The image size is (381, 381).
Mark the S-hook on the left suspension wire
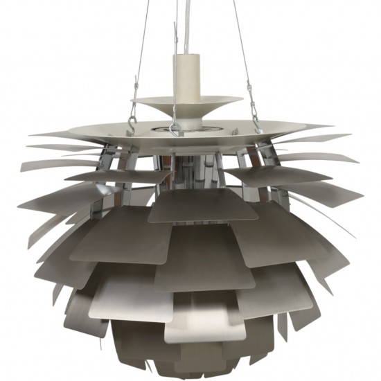[x=132, y=123]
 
